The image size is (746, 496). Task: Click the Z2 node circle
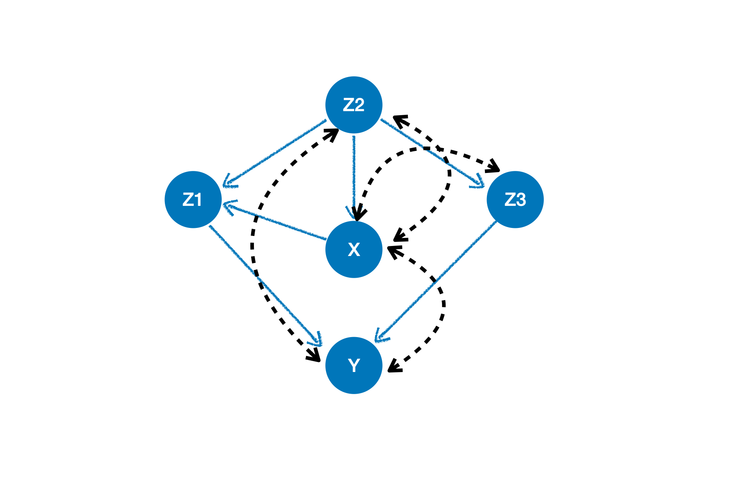click(x=354, y=105)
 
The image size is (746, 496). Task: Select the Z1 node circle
click(x=193, y=199)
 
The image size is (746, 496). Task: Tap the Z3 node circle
click(x=515, y=199)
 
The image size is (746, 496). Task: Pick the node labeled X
click(x=354, y=249)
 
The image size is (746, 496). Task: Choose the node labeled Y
click(x=354, y=365)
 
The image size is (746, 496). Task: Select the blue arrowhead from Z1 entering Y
click(x=318, y=340)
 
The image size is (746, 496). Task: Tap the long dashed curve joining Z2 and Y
click(x=253, y=241)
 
